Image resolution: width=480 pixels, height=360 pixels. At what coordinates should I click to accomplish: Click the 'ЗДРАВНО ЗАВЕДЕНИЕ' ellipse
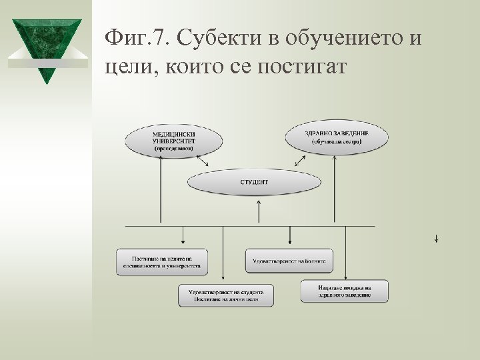click(336, 137)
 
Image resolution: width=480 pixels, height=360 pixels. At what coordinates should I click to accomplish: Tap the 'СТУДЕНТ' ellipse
click(254, 181)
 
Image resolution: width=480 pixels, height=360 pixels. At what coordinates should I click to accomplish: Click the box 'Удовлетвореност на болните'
click(289, 261)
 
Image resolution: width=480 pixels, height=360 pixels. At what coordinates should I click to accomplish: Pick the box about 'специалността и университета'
click(161, 261)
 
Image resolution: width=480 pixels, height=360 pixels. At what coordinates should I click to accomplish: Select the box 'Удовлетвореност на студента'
click(225, 295)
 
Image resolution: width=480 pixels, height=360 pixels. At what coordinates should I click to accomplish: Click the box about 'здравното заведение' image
click(344, 291)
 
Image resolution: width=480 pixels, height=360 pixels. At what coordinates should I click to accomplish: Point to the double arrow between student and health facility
click(301, 161)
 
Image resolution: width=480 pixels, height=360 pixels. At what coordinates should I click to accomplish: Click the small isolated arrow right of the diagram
click(435, 238)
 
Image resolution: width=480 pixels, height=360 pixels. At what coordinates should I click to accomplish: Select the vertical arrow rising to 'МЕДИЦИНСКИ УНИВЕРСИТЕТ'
click(161, 193)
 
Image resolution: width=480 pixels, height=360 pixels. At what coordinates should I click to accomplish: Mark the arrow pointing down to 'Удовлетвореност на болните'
click(289, 236)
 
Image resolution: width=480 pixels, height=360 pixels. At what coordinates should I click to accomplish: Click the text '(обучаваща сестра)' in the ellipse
click(336, 142)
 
